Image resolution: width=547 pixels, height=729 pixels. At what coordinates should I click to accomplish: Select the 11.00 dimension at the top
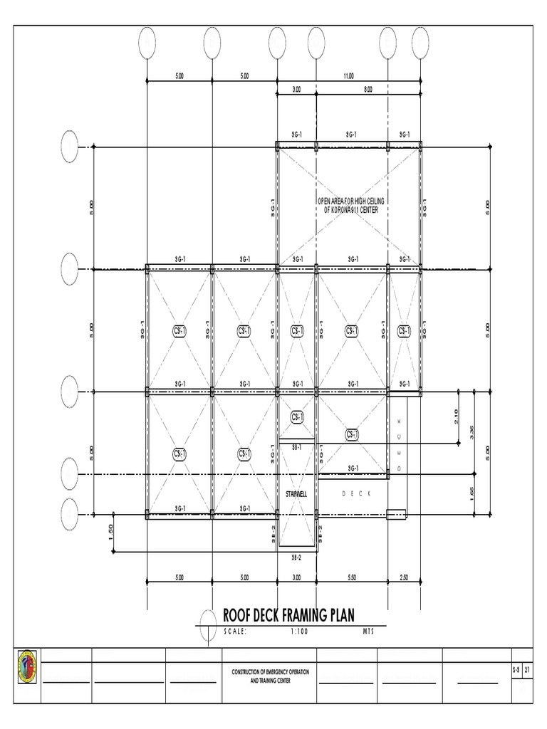(349, 75)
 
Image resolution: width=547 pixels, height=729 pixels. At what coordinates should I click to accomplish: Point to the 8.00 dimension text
(368, 90)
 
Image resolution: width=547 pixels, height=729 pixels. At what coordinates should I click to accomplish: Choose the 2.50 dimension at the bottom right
(404, 577)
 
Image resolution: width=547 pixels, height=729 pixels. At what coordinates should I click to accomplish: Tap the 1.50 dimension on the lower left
(111, 533)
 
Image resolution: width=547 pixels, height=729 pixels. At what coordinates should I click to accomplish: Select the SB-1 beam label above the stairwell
(296, 446)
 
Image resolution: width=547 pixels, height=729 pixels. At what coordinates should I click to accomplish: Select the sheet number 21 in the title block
(527, 670)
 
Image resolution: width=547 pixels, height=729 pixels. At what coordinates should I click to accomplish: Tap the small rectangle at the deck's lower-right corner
(397, 513)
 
